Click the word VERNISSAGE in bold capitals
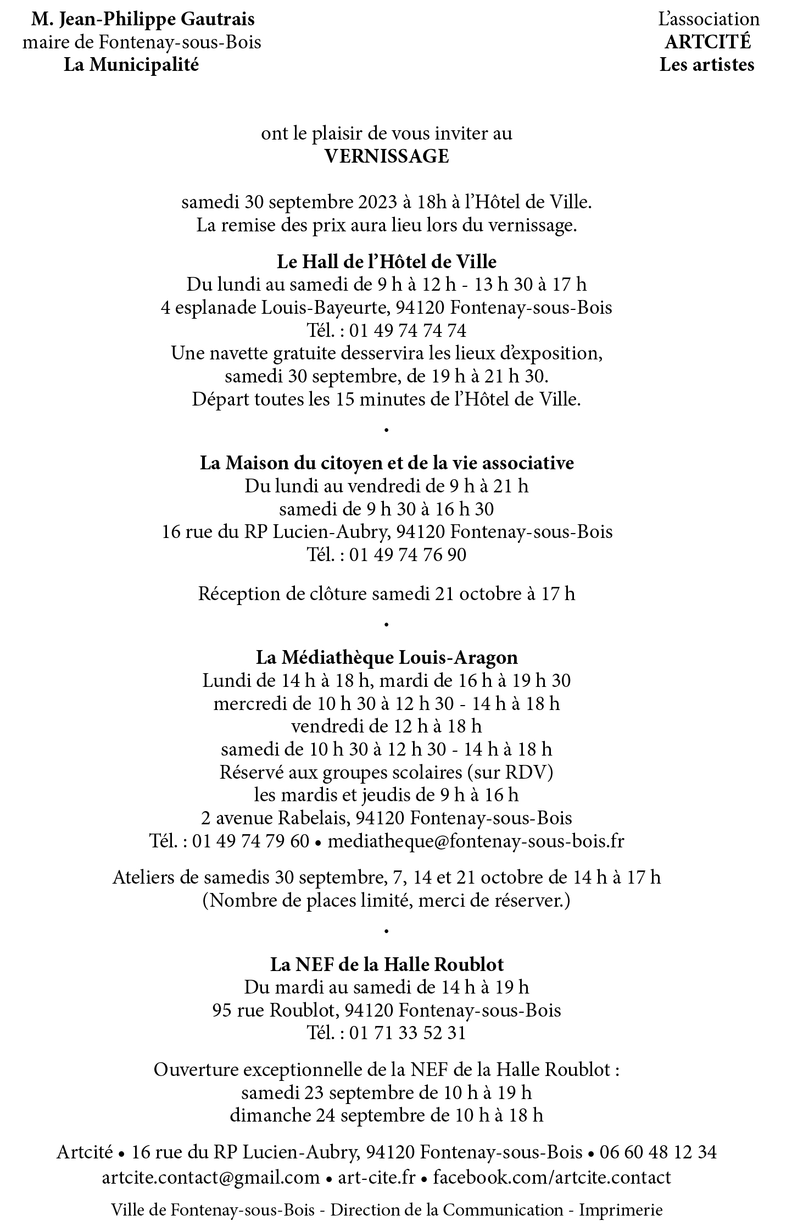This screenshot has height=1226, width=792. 387,157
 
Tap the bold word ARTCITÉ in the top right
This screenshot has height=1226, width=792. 707,42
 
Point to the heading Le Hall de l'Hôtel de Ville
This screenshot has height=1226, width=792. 387,261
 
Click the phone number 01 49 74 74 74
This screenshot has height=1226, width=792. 408,330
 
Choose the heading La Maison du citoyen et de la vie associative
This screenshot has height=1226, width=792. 387,463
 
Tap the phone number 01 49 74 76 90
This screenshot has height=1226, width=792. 408,554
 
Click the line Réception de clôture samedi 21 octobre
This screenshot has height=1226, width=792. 387,594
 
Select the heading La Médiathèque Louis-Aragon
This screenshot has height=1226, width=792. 387,657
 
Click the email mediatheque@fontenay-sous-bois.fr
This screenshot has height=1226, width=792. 476,841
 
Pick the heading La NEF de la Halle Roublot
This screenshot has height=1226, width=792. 387,964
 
